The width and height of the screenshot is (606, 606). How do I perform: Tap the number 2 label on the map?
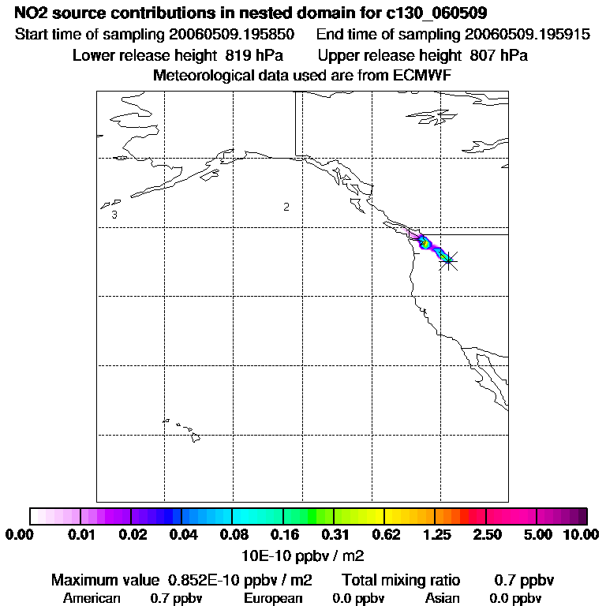pyautogui.click(x=286, y=207)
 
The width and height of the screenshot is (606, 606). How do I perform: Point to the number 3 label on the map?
pyautogui.click(x=114, y=215)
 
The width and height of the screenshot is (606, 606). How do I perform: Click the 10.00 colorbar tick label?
pyautogui.click(x=581, y=535)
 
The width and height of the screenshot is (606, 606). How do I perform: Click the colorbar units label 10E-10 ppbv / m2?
pyautogui.click(x=302, y=555)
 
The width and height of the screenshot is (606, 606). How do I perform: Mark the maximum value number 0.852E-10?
pyautogui.click(x=207, y=580)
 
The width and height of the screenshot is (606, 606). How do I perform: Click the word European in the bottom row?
pyautogui.click(x=273, y=598)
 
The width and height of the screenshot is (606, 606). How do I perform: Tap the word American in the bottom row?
pyautogui.click(x=92, y=598)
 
